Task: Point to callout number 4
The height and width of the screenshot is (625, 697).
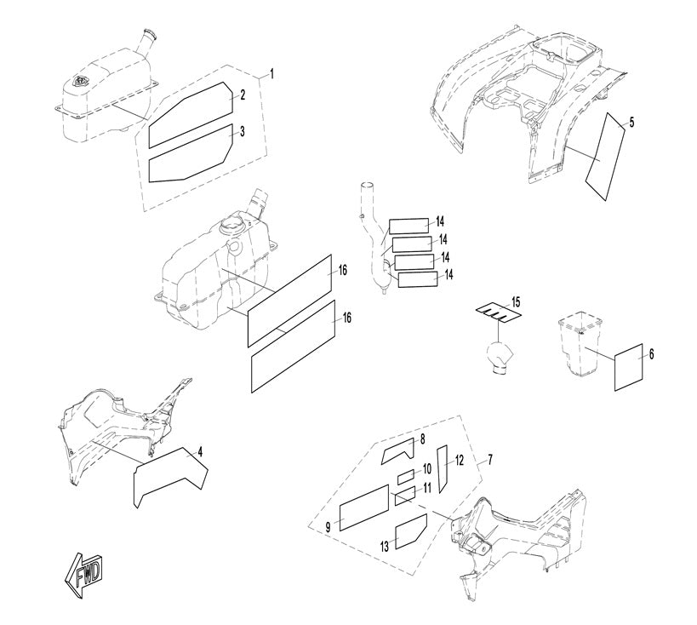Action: click(200, 451)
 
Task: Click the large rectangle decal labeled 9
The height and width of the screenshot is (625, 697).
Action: click(364, 508)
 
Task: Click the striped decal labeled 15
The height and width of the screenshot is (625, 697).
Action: click(499, 313)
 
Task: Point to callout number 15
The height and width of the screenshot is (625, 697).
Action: click(515, 302)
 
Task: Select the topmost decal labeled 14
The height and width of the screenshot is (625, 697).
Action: click(409, 226)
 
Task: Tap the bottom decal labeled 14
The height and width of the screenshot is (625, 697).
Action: click(417, 280)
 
